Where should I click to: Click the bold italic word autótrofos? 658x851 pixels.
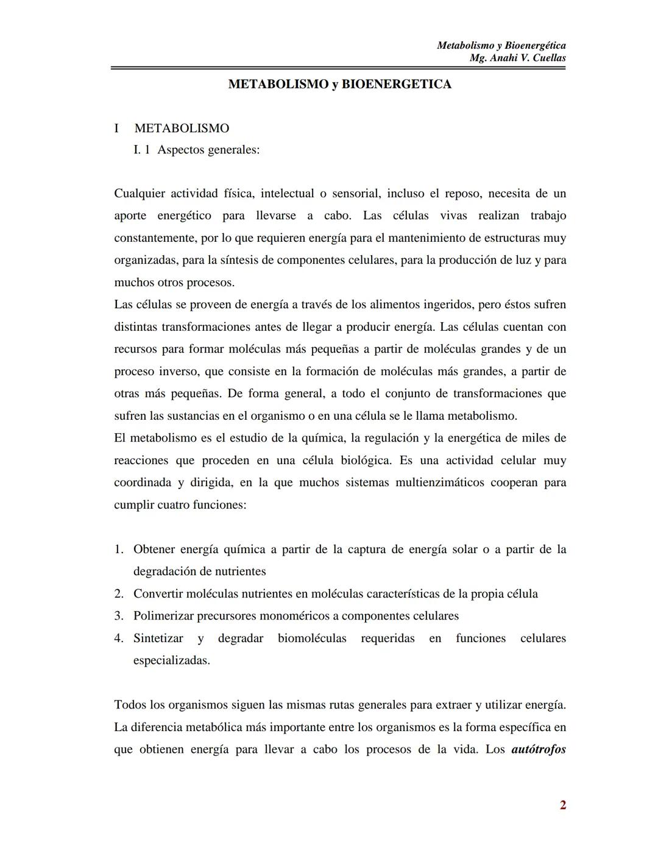click(x=539, y=749)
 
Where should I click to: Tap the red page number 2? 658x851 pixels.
click(x=562, y=805)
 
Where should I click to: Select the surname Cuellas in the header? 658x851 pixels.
click(x=544, y=58)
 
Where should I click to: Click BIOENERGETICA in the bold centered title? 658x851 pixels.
click(x=397, y=84)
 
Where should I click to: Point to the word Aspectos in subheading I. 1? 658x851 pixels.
click(x=180, y=149)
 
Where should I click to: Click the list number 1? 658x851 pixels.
click(x=119, y=549)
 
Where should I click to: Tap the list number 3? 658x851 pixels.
click(x=119, y=616)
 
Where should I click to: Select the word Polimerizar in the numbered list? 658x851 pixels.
click(x=163, y=616)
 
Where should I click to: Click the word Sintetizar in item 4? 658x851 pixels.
click(x=158, y=638)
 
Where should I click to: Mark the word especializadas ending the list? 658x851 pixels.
click(x=171, y=660)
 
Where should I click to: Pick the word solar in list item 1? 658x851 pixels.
click(x=465, y=549)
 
